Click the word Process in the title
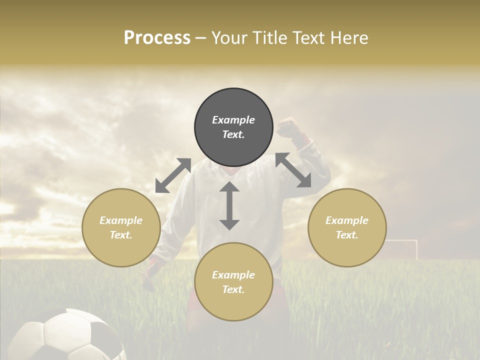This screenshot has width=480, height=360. click(x=157, y=38)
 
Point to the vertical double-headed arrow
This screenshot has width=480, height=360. click(x=229, y=206)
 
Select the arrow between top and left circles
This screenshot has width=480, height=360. click(x=173, y=175)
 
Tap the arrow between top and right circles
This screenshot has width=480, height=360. click(x=293, y=170)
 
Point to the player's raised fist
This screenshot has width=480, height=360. click(x=288, y=127)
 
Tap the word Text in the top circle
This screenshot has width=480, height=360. click(x=233, y=134)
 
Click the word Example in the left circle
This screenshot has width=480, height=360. click(x=121, y=220)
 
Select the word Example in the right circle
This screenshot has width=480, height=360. click(x=347, y=220)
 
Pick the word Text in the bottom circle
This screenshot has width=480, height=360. click(x=233, y=289)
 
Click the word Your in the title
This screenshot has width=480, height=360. click(x=226, y=38)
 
